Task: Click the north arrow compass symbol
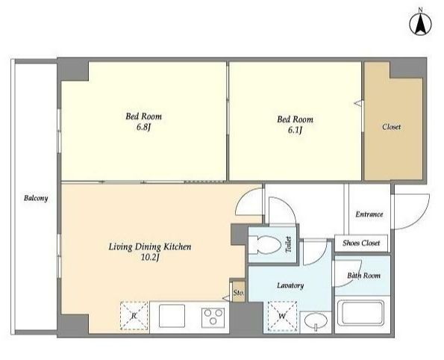[x=421, y=24]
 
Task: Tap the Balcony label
[x=36, y=198]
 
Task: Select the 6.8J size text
[x=143, y=127]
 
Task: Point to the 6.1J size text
[x=295, y=130]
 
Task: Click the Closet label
[x=391, y=127]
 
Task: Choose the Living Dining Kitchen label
[x=150, y=247]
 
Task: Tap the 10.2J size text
[x=150, y=258]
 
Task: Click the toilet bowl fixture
[x=265, y=245]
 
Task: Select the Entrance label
[x=369, y=214]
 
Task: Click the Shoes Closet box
[x=361, y=243]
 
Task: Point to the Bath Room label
[x=363, y=276]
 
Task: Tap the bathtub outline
[x=363, y=313]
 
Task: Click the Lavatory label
[x=290, y=285]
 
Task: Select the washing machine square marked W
[x=282, y=317]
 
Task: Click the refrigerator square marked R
[x=134, y=316]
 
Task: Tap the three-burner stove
[x=213, y=317]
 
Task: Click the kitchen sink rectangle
[x=172, y=316]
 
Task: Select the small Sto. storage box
[x=239, y=291]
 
